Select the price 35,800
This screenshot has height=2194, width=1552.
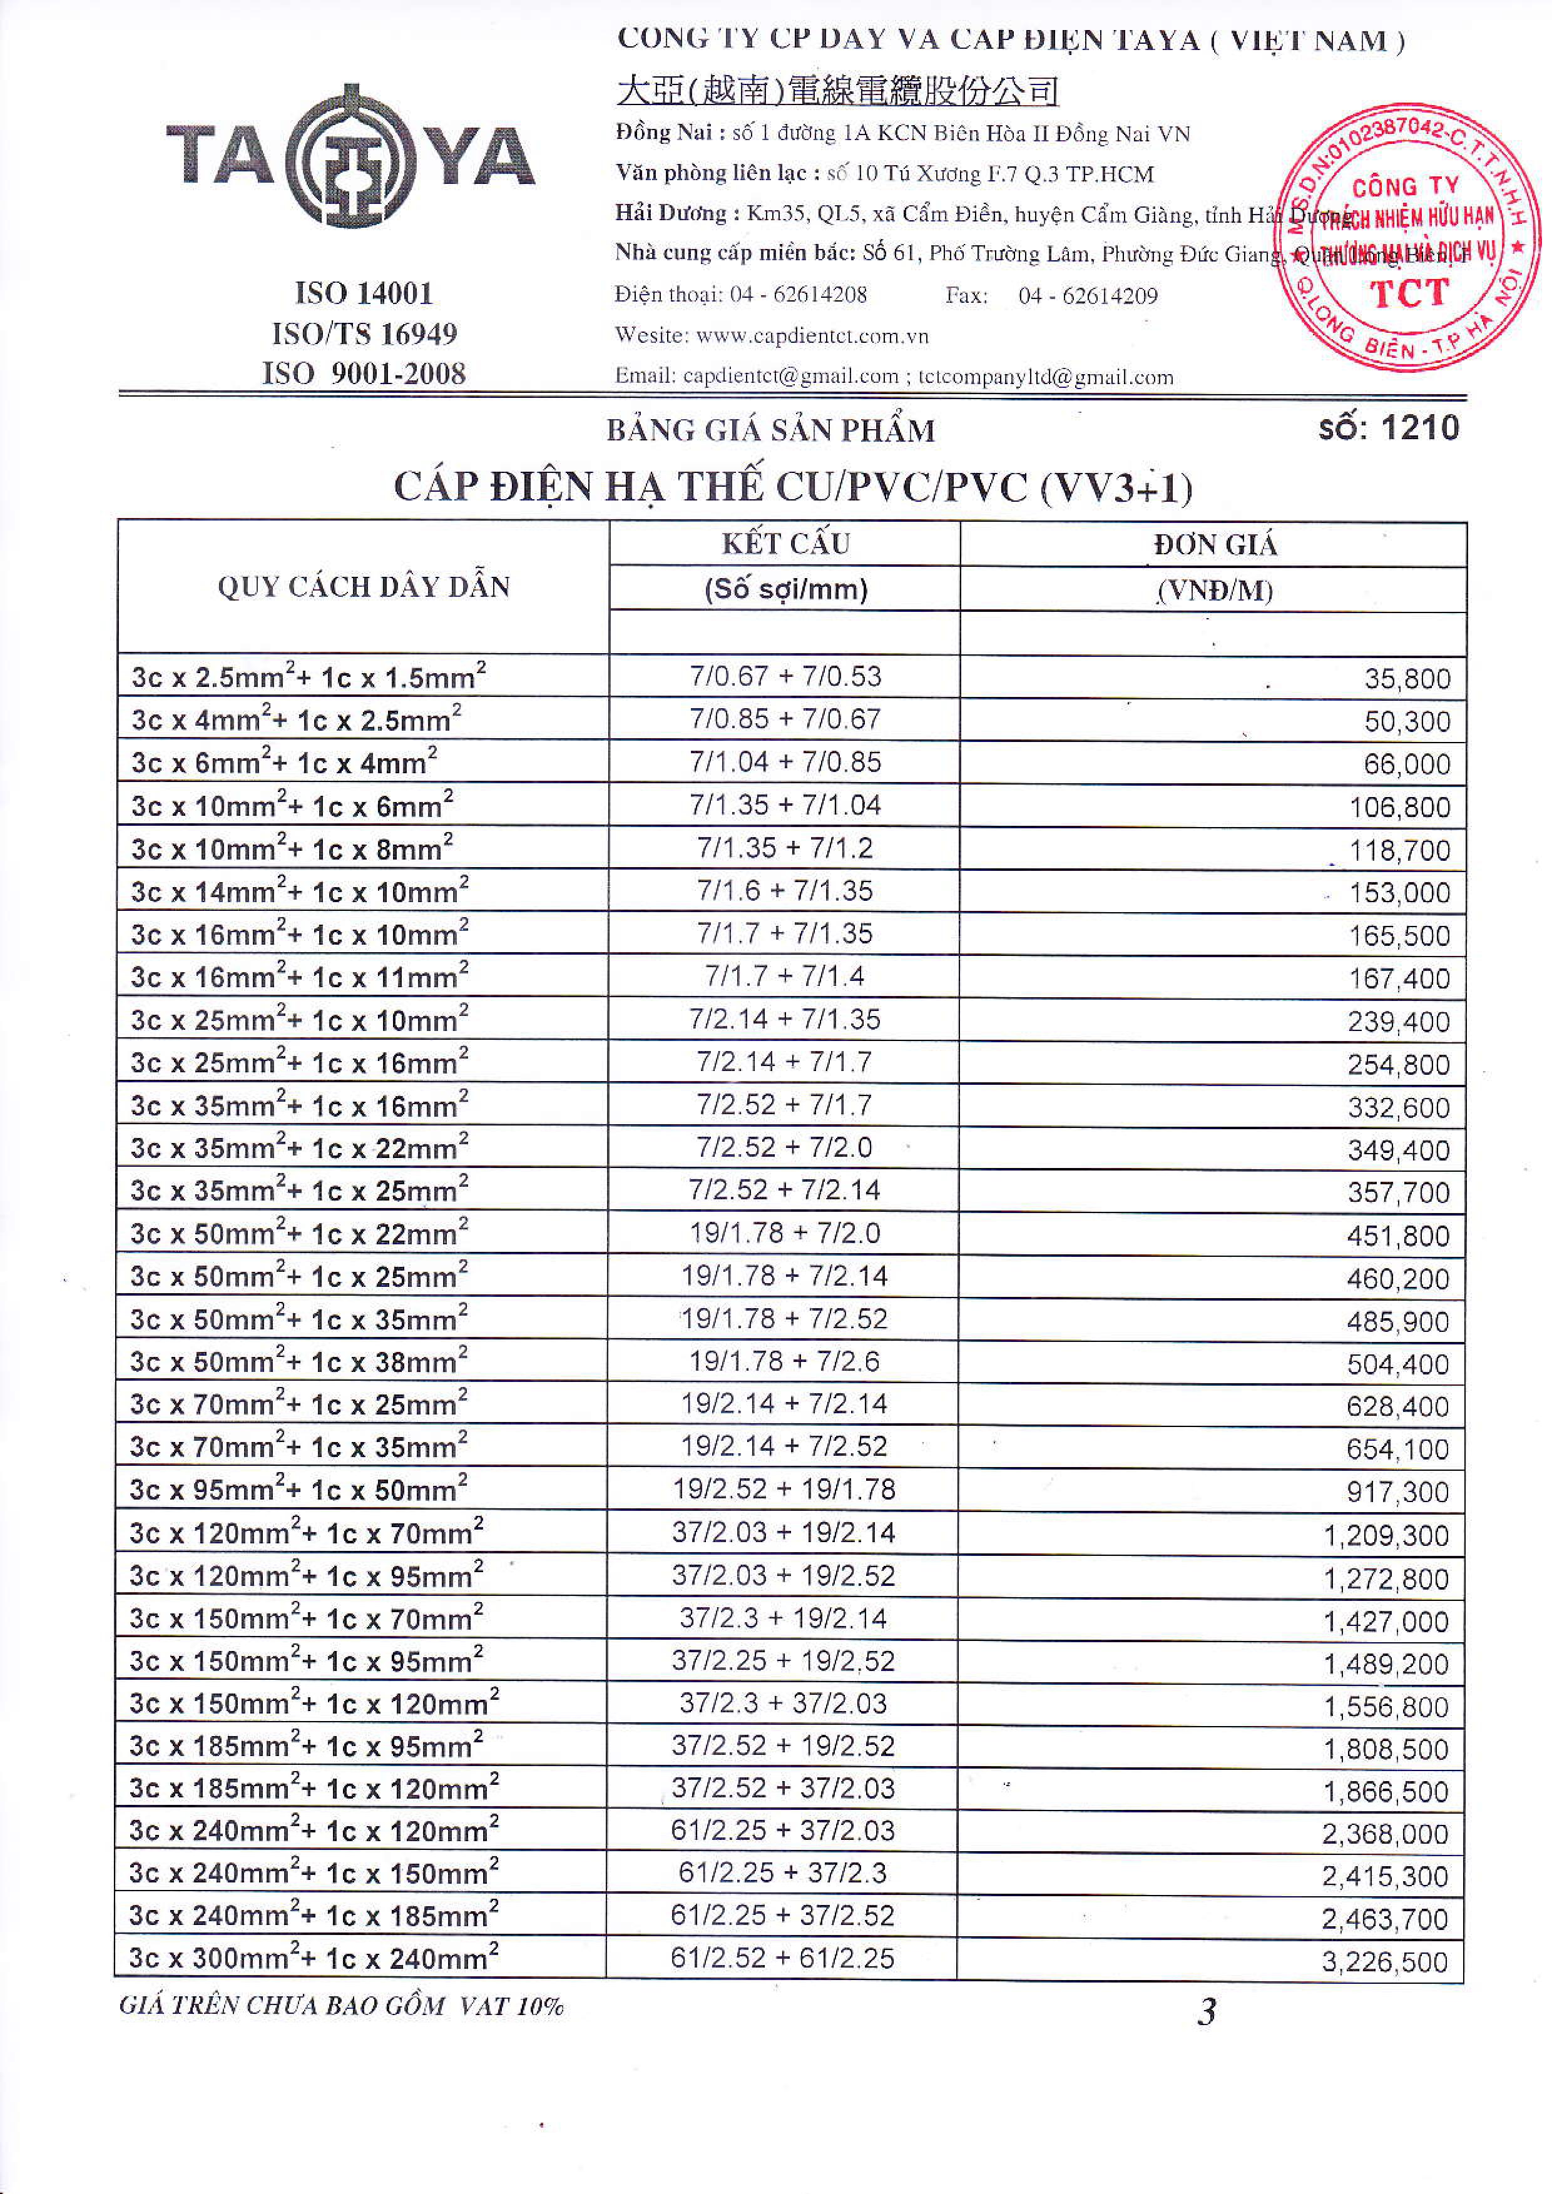[x=1407, y=678]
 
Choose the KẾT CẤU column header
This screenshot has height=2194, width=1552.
[x=785, y=544]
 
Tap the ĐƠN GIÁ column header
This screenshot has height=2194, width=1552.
[x=1213, y=545]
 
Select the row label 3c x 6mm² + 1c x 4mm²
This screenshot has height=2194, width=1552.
[x=284, y=763]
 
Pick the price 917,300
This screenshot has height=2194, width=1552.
[x=1397, y=1491]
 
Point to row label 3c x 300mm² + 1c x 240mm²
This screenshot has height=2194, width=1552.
[x=314, y=1958]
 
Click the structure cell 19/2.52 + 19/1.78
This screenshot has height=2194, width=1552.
[x=784, y=1489]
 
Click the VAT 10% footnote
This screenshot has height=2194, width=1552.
[x=341, y=2006]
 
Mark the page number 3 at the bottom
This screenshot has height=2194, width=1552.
[x=1207, y=2013]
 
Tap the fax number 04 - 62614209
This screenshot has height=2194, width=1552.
[x=1088, y=295]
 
